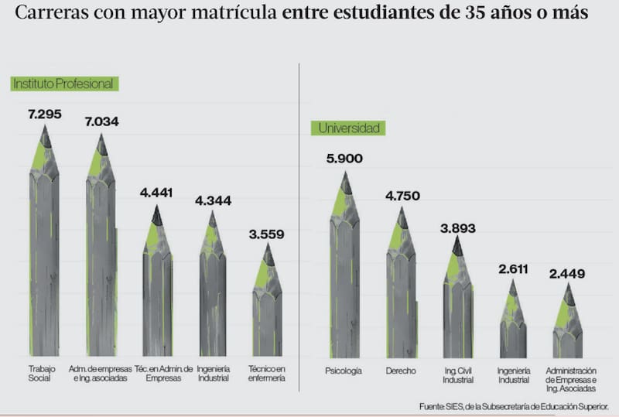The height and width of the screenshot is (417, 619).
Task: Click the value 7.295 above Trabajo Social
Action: tap(44, 115)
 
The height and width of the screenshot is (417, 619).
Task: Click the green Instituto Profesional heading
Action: tap(63, 84)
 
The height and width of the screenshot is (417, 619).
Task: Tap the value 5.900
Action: tap(344, 159)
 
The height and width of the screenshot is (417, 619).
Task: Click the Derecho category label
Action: tap(401, 371)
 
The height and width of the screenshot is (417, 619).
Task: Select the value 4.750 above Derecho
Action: tap(402, 196)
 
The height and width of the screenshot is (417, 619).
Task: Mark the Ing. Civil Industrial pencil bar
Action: tap(457, 302)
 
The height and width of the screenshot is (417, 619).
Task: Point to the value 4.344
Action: tap(213, 201)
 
